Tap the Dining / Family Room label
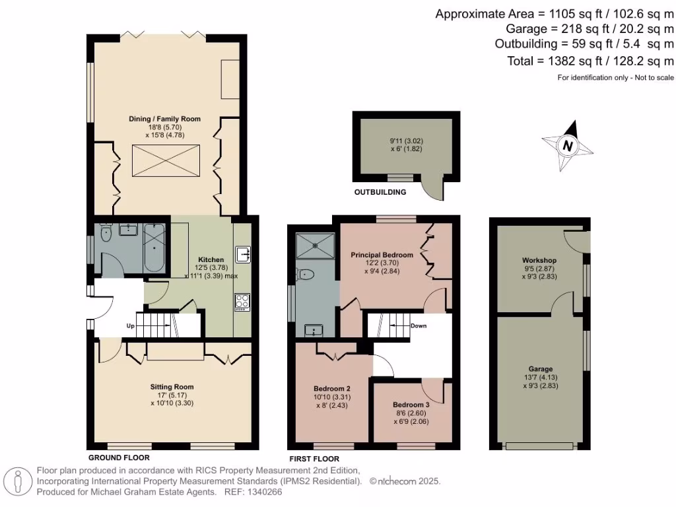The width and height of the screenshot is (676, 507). pyautogui.click(x=164, y=119)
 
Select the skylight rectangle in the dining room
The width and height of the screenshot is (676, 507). pyautogui.click(x=164, y=161)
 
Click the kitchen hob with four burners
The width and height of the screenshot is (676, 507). pyautogui.click(x=242, y=302)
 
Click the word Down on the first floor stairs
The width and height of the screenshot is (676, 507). pyautogui.click(x=419, y=325)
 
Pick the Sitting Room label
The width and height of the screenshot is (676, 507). pyautogui.click(x=172, y=386)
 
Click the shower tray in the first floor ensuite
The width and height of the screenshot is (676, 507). pyautogui.click(x=316, y=246)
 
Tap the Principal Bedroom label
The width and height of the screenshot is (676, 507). pyautogui.click(x=382, y=255)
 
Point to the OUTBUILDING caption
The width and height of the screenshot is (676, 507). pyautogui.click(x=380, y=192)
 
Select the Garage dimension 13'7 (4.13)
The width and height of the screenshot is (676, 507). pyautogui.click(x=540, y=378)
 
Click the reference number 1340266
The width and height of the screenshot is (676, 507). pyautogui.click(x=264, y=492)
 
